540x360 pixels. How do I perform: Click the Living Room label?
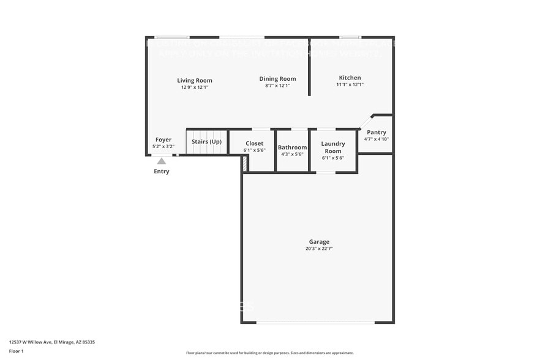coord(195,80)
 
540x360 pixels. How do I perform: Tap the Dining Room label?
coord(277,78)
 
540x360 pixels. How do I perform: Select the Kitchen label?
coord(350,78)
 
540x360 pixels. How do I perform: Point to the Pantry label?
coord(377,132)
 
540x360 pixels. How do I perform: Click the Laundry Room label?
coord(333,148)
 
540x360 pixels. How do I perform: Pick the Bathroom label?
coord(293,148)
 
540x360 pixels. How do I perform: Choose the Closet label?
coord(255,143)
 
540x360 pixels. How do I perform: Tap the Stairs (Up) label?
coord(207,142)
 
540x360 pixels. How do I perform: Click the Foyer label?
coord(163,140)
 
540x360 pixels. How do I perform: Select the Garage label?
coord(319,242)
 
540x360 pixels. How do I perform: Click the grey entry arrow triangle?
coord(161,161)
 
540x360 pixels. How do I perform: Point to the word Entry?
coord(162,171)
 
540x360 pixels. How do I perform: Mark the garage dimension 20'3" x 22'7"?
coord(319,249)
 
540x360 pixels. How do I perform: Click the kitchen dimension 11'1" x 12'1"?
coord(350,84)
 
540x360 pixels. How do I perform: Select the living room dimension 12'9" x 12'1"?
coord(195,87)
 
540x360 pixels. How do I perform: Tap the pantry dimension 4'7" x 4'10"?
coord(377,139)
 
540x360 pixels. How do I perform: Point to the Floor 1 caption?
coord(17,351)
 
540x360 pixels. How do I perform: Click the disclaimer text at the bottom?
coord(270,353)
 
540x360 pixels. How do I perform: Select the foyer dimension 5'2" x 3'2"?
coord(163,147)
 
